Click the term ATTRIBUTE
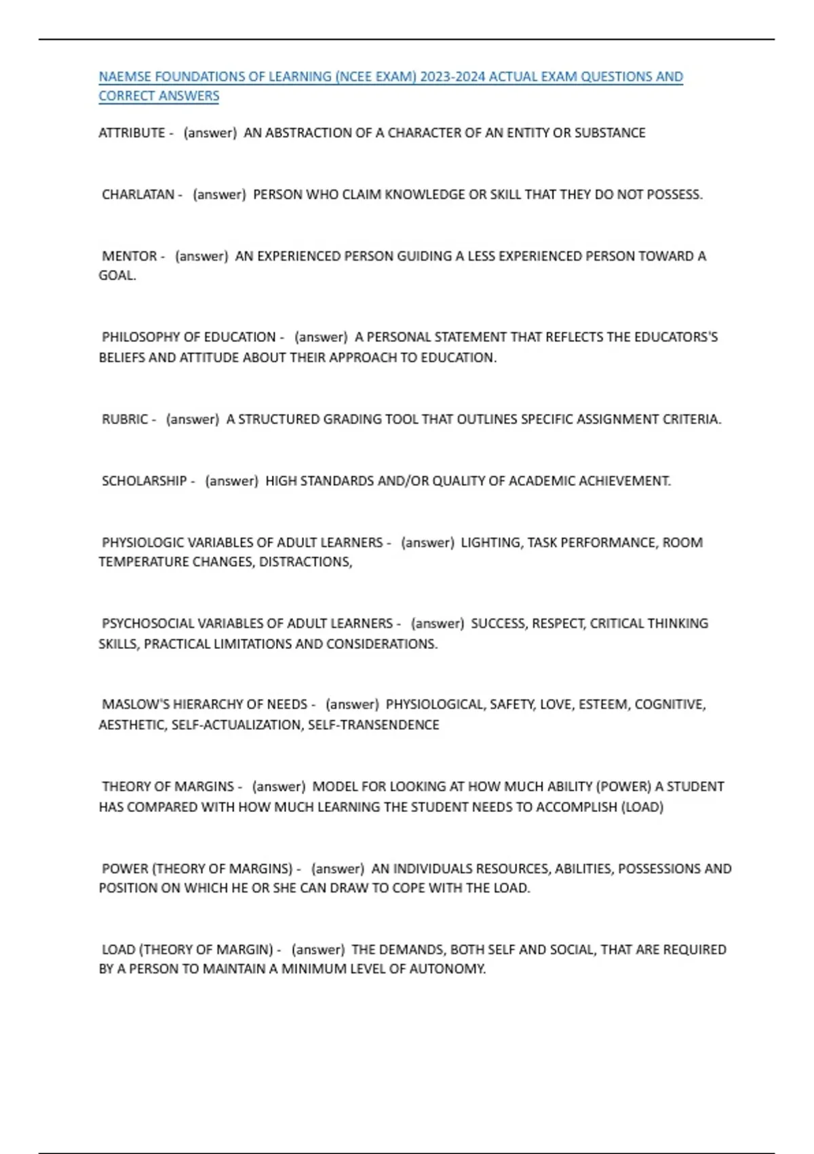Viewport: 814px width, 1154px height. pyautogui.click(x=132, y=133)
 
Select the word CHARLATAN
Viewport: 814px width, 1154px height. pyautogui.click(x=138, y=195)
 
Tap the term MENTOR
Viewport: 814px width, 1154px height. pyautogui.click(x=129, y=257)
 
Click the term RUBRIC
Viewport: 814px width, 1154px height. pyautogui.click(x=124, y=420)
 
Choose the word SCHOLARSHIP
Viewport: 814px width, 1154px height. pyautogui.click(x=144, y=481)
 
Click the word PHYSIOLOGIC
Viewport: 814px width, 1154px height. pyautogui.click(x=142, y=543)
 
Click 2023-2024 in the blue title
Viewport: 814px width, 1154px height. pyautogui.click(x=452, y=77)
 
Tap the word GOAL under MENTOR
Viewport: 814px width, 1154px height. pyautogui.click(x=116, y=276)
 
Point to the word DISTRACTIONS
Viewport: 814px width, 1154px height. pyautogui.click(x=305, y=562)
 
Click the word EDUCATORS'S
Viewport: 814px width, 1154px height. pyautogui.click(x=676, y=337)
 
